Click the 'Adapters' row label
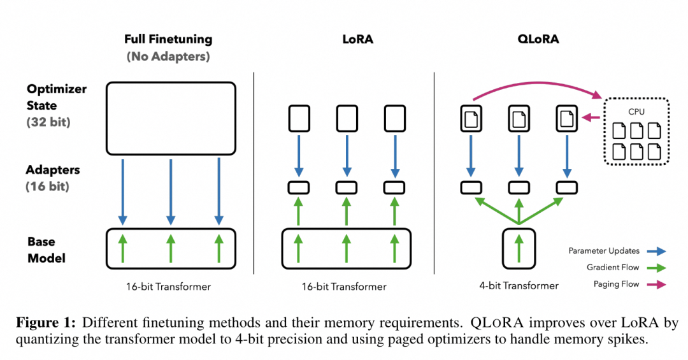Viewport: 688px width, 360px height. point(52,170)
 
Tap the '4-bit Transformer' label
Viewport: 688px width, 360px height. point(519,286)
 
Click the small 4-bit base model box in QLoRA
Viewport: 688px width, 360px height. point(519,248)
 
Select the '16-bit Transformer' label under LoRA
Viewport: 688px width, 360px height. point(344,287)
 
